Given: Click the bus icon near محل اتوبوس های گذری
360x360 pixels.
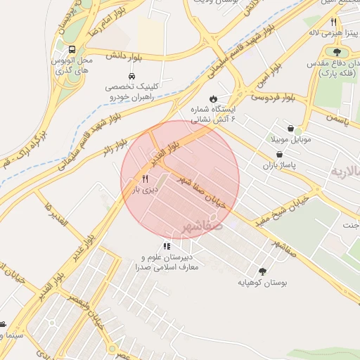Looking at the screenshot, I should tap(72, 49).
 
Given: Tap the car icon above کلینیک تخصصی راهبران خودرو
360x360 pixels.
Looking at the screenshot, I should tap(131, 76).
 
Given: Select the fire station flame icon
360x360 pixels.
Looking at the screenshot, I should tap(213, 98).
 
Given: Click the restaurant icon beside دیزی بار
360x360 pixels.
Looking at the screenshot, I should tap(145, 179).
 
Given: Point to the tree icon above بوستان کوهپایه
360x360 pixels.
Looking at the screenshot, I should tap(263, 271).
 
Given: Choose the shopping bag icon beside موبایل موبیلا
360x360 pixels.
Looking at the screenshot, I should tap(298, 130).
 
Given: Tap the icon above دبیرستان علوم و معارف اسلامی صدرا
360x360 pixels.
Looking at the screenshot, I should tap(167, 246).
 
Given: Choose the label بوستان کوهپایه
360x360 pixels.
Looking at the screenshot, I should tap(262, 283).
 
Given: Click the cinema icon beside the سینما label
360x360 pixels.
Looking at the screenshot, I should tap(4, 324).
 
